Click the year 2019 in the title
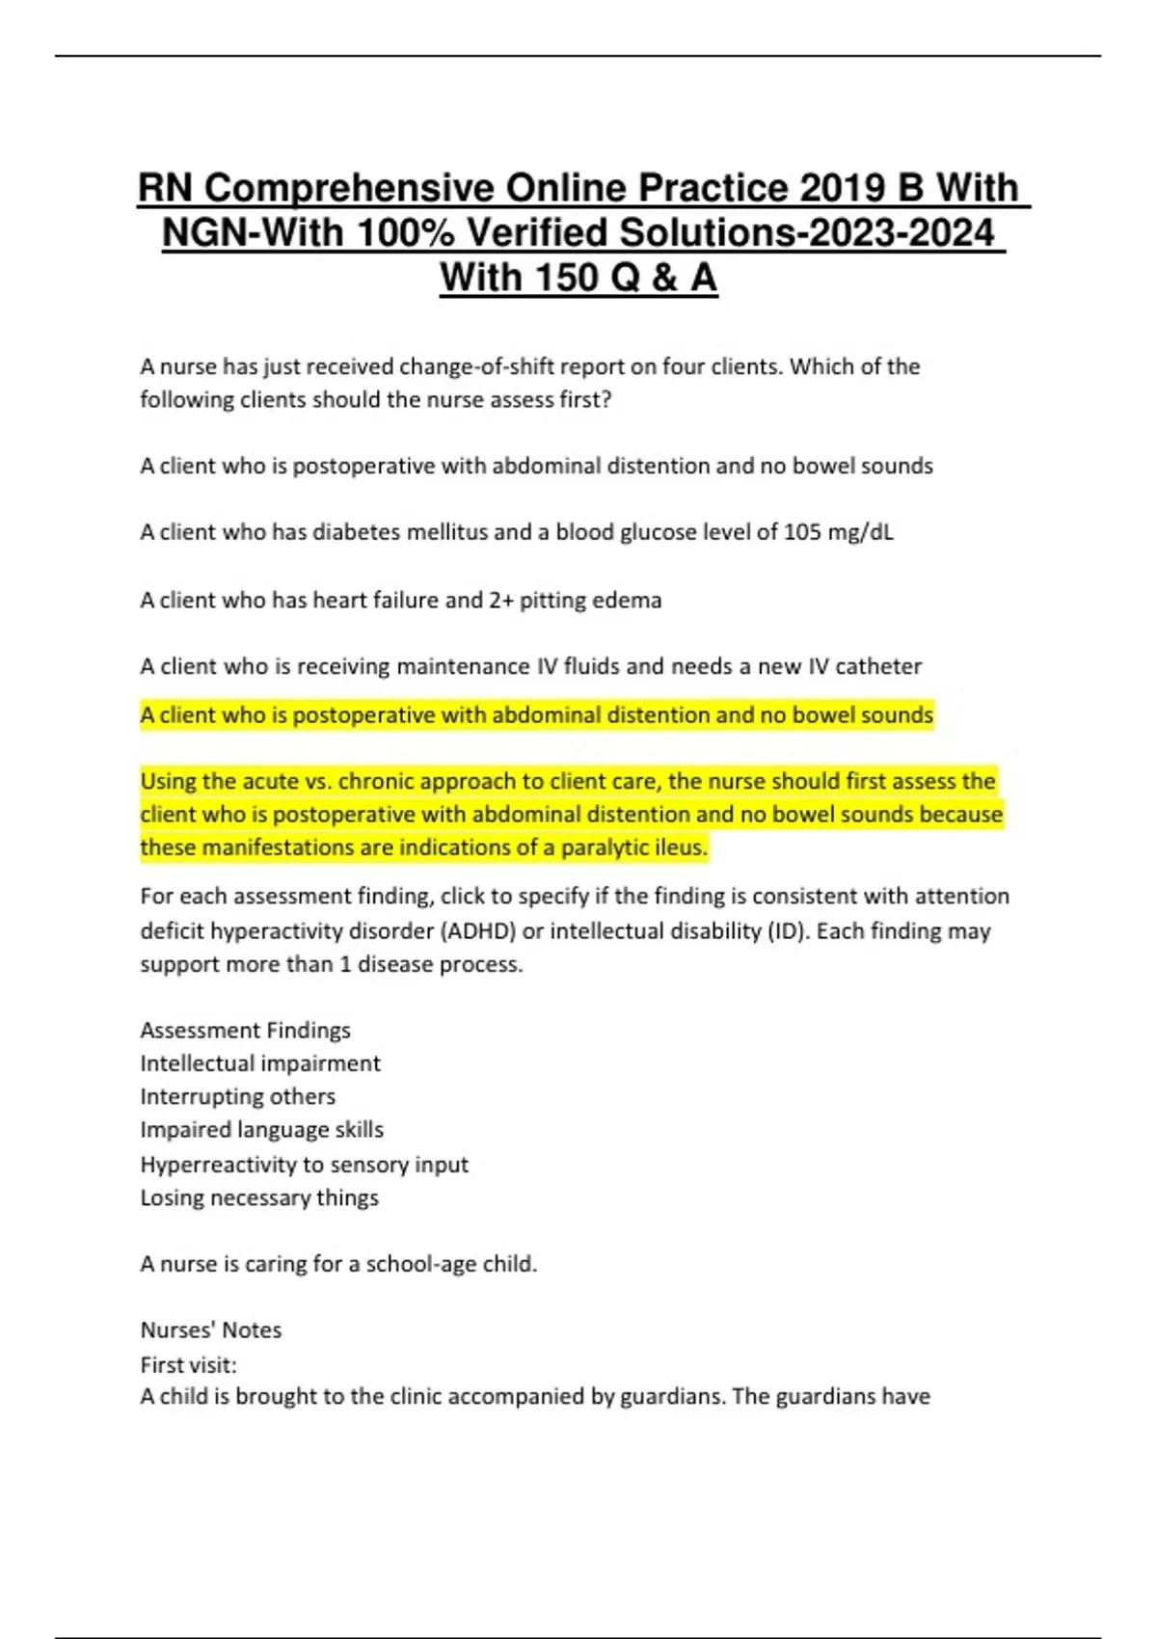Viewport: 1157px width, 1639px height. [843, 188]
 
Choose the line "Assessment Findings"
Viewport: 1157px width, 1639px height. [245, 1031]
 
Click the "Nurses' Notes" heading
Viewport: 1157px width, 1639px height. [210, 1330]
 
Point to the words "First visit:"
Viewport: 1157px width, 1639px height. [188, 1365]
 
